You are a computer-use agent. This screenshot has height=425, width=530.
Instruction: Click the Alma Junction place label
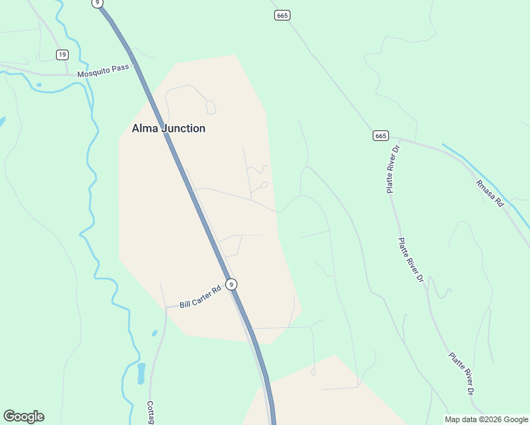click(x=169, y=128)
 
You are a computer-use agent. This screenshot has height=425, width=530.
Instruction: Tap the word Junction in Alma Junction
click(x=182, y=128)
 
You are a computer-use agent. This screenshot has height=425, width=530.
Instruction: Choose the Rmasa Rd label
click(x=489, y=193)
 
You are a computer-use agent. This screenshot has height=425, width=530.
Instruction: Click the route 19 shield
click(x=62, y=55)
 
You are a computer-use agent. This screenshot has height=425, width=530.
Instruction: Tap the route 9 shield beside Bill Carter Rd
click(x=231, y=284)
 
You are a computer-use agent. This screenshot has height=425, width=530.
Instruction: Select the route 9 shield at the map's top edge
click(x=97, y=3)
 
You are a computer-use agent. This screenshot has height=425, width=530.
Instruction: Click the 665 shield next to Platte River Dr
click(x=380, y=135)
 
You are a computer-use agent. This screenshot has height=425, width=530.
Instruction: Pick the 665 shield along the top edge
click(x=282, y=15)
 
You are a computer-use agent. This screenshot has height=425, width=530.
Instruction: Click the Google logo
click(x=23, y=416)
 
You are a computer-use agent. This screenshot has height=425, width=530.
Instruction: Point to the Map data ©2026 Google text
click(x=486, y=419)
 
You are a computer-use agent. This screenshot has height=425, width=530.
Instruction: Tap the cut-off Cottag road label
click(x=150, y=412)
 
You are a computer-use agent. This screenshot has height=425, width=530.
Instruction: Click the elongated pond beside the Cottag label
click(x=141, y=373)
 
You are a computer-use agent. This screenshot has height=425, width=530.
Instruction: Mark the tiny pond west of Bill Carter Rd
click(x=154, y=332)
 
